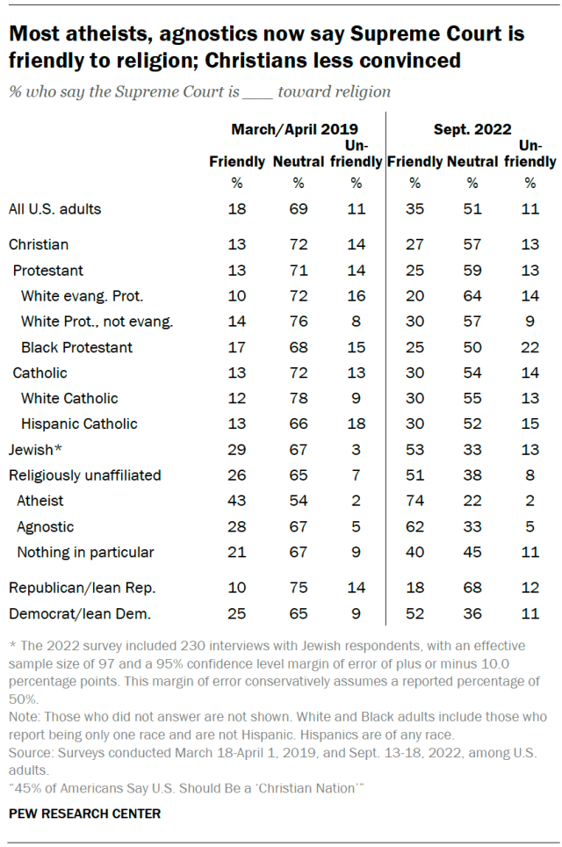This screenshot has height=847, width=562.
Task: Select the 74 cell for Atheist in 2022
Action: click(x=414, y=501)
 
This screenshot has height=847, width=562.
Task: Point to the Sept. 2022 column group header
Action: click(x=472, y=129)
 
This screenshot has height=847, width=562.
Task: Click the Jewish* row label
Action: click(x=34, y=450)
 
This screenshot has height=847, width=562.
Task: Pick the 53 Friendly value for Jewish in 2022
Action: click(x=414, y=450)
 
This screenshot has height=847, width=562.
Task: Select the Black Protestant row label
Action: click(x=76, y=347)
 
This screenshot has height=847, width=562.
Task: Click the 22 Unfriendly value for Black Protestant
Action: click(x=530, y=347)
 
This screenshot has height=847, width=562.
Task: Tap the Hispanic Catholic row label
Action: click(x=79, y=423)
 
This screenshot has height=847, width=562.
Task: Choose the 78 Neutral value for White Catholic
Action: click(x=298, y=398)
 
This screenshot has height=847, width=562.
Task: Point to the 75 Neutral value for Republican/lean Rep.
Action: click(x=298, y=588)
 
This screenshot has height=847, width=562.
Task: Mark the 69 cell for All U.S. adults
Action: click(x=298, y=209)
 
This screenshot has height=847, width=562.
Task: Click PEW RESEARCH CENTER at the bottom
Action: click(x=85, y=814)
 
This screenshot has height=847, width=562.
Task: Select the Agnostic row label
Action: click(x=46, y=526)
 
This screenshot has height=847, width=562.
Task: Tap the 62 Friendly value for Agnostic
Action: click(x=414, y=526)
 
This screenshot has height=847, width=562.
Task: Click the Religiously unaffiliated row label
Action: click(x=84, y=475)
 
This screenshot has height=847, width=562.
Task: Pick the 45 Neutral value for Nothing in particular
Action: click(x=472, y=552)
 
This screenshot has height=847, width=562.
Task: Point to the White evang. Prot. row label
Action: click(x=82, y=296)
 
